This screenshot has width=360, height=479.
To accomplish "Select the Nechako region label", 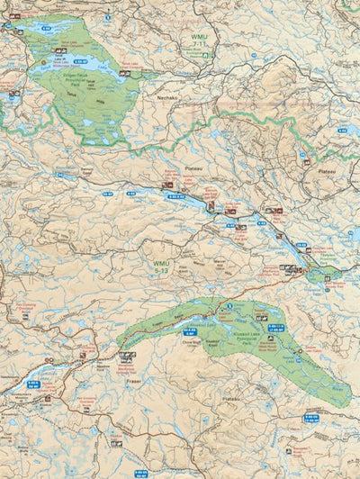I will coord(170,92).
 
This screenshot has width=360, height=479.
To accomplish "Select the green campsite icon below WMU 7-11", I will coord(205,55).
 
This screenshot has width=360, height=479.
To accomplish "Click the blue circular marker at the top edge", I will coord(107,17).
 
